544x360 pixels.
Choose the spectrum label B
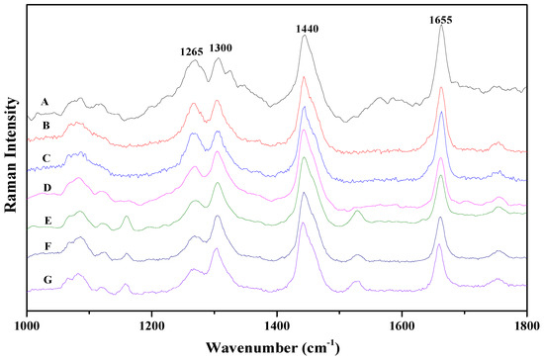pos(44,126)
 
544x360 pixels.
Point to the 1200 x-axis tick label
pos(151,323)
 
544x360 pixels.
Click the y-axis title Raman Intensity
pos(12,160)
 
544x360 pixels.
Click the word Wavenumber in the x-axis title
pos(251,347)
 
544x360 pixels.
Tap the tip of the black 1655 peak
pos(440,27)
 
